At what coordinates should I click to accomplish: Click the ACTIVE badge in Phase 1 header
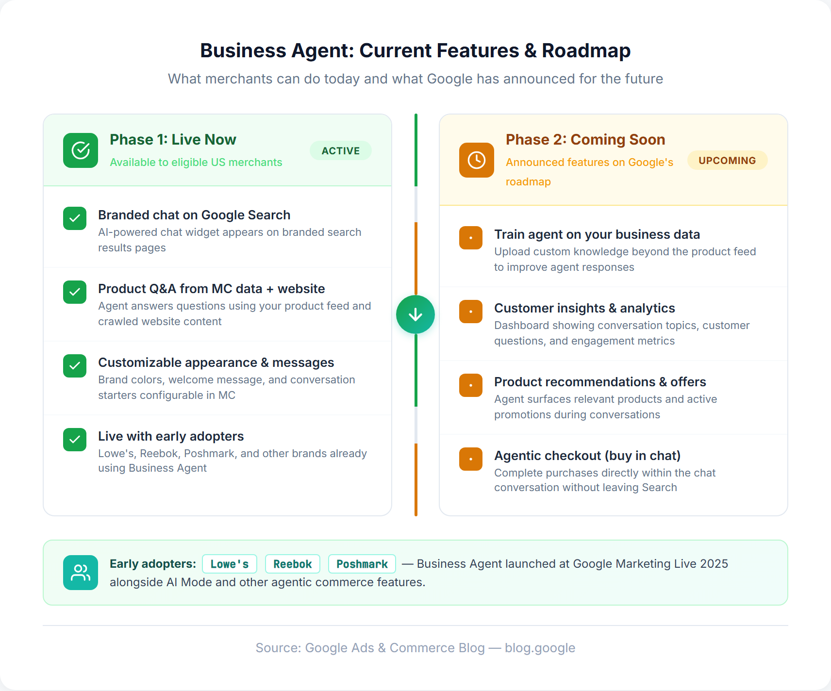[340, 151]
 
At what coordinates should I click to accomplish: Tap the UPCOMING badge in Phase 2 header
[727, 161]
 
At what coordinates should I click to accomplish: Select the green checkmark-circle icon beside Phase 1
[81, 150]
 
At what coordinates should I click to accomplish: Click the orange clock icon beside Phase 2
[476, 160]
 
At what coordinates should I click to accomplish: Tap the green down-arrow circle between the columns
[415, 314]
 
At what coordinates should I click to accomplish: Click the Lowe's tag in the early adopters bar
[230, 564]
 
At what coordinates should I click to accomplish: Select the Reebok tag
[292, 564]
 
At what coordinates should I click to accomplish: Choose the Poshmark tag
[362, 564]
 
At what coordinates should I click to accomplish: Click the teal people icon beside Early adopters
[81, 573]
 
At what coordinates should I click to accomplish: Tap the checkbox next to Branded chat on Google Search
[75, 218]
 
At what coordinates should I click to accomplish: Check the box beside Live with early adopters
[75, 440]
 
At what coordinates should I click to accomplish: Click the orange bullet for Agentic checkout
[471, 459]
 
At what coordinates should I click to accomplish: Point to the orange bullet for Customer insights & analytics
[471, 312]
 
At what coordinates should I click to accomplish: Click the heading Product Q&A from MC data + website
[211, 289]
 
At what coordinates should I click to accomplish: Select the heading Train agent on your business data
[597, 234]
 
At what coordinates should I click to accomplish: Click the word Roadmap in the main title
[586, 50]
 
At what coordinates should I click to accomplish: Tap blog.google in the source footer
[540, 648]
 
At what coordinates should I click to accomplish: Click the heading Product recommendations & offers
[599, 382]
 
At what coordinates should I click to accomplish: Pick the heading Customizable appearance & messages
[216, 362]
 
